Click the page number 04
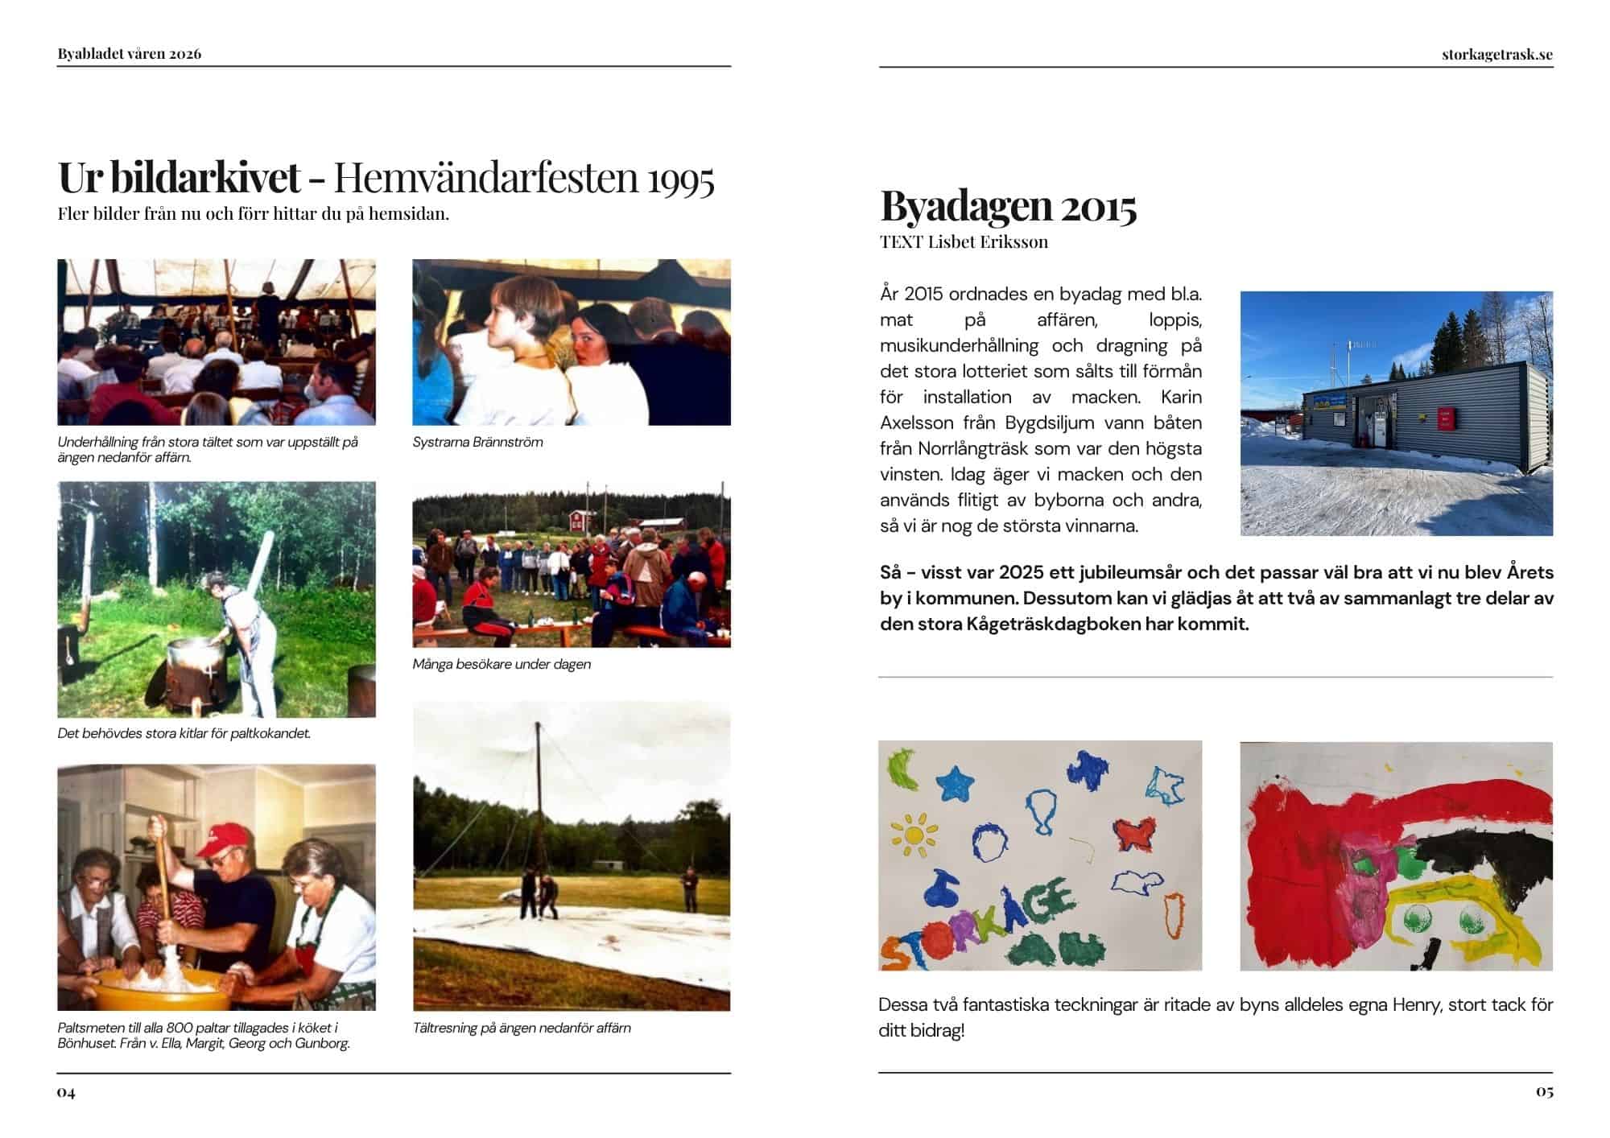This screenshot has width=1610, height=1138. (66, 1092)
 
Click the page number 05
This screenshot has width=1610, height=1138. (1544, 1091)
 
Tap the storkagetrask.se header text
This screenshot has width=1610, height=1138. (1497, 55)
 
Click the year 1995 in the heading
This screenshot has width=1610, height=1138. (680, 179)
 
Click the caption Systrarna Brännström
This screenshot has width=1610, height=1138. (477, 442)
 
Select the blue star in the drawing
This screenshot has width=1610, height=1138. (956, 781)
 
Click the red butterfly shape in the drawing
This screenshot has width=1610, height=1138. (1133, 835)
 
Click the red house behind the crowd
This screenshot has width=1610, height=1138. (577, 519)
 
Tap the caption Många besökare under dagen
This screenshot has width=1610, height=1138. (502, 664)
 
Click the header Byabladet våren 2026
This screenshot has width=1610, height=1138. (130, 54)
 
